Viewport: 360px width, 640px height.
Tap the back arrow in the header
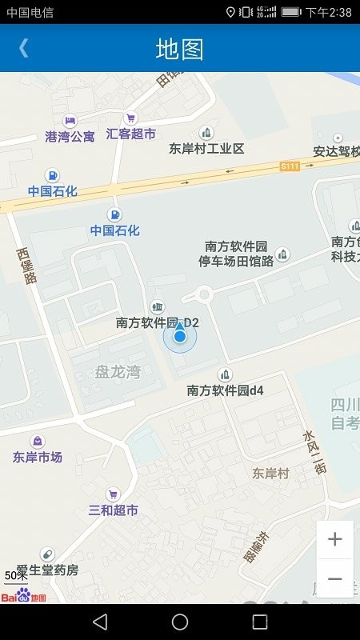tap(24, 48)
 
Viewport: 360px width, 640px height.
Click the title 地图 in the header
tap(179, 49)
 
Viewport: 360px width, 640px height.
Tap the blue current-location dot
tap(180, 337)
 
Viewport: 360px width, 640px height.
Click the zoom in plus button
tap(334, 539)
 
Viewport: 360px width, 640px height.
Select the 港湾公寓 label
tap(70, 136)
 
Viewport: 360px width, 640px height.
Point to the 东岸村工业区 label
tap(206, 148)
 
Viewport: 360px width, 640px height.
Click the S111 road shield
tap(290, 166)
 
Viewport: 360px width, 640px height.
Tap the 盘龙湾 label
tap(118, 371)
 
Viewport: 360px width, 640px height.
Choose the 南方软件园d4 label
tap(226, 390)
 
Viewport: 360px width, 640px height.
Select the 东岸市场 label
tap(38, 457)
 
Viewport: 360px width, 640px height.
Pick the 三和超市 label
tap(113, 510)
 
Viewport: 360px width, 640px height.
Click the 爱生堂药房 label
tap(48, 570)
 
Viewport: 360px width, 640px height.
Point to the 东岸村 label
tap(270, 473)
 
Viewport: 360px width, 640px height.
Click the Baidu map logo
tap(23, 595)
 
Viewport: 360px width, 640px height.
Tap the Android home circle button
tap(180, 622)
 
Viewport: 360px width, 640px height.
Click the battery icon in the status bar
tap(291, 12)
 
